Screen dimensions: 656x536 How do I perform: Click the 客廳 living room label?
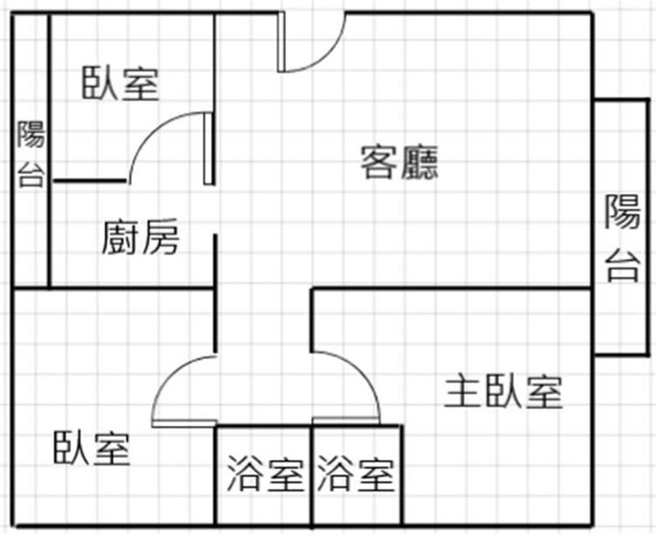pyautogui.click(x=399, y=163)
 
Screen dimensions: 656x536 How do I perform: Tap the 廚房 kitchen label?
pyautogui.click(x=140, y=237)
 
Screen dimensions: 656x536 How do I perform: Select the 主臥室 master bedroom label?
pyautogui.click(x=503, y=392)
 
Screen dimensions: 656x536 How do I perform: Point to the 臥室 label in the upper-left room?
pyautogui.click(x=121, y=84)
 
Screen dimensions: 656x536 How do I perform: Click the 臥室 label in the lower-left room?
pyautogui.click(x=92, y=448)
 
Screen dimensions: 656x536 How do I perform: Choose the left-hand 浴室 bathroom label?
pyautogui.click(x=265, y=474)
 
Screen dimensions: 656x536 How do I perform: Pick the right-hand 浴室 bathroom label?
pyautogui.click(x=356, y=474)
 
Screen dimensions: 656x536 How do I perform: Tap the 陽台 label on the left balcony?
pyautogui.click(x=31, y=153)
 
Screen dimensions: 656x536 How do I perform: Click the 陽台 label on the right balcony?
pyautogui.click(x=622, y=237)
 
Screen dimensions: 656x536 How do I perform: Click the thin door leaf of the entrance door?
pyautogui.click(x=280, y=42)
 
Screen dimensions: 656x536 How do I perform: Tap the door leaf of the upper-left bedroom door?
pyautogui.click(x=208, y=149)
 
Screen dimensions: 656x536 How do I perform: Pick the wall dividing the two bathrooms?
pyautogui.click(x=312, y=475)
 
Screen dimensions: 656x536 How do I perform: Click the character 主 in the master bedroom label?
pyautogui.click(x=462, y=392)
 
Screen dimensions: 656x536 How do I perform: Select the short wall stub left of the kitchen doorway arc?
pyautogui.click(x=90, y=181)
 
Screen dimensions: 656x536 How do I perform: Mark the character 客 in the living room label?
pyautogui.click(x=378, y=163)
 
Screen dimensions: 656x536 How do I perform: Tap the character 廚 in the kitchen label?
pyautogui.click(x=120, y=237)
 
